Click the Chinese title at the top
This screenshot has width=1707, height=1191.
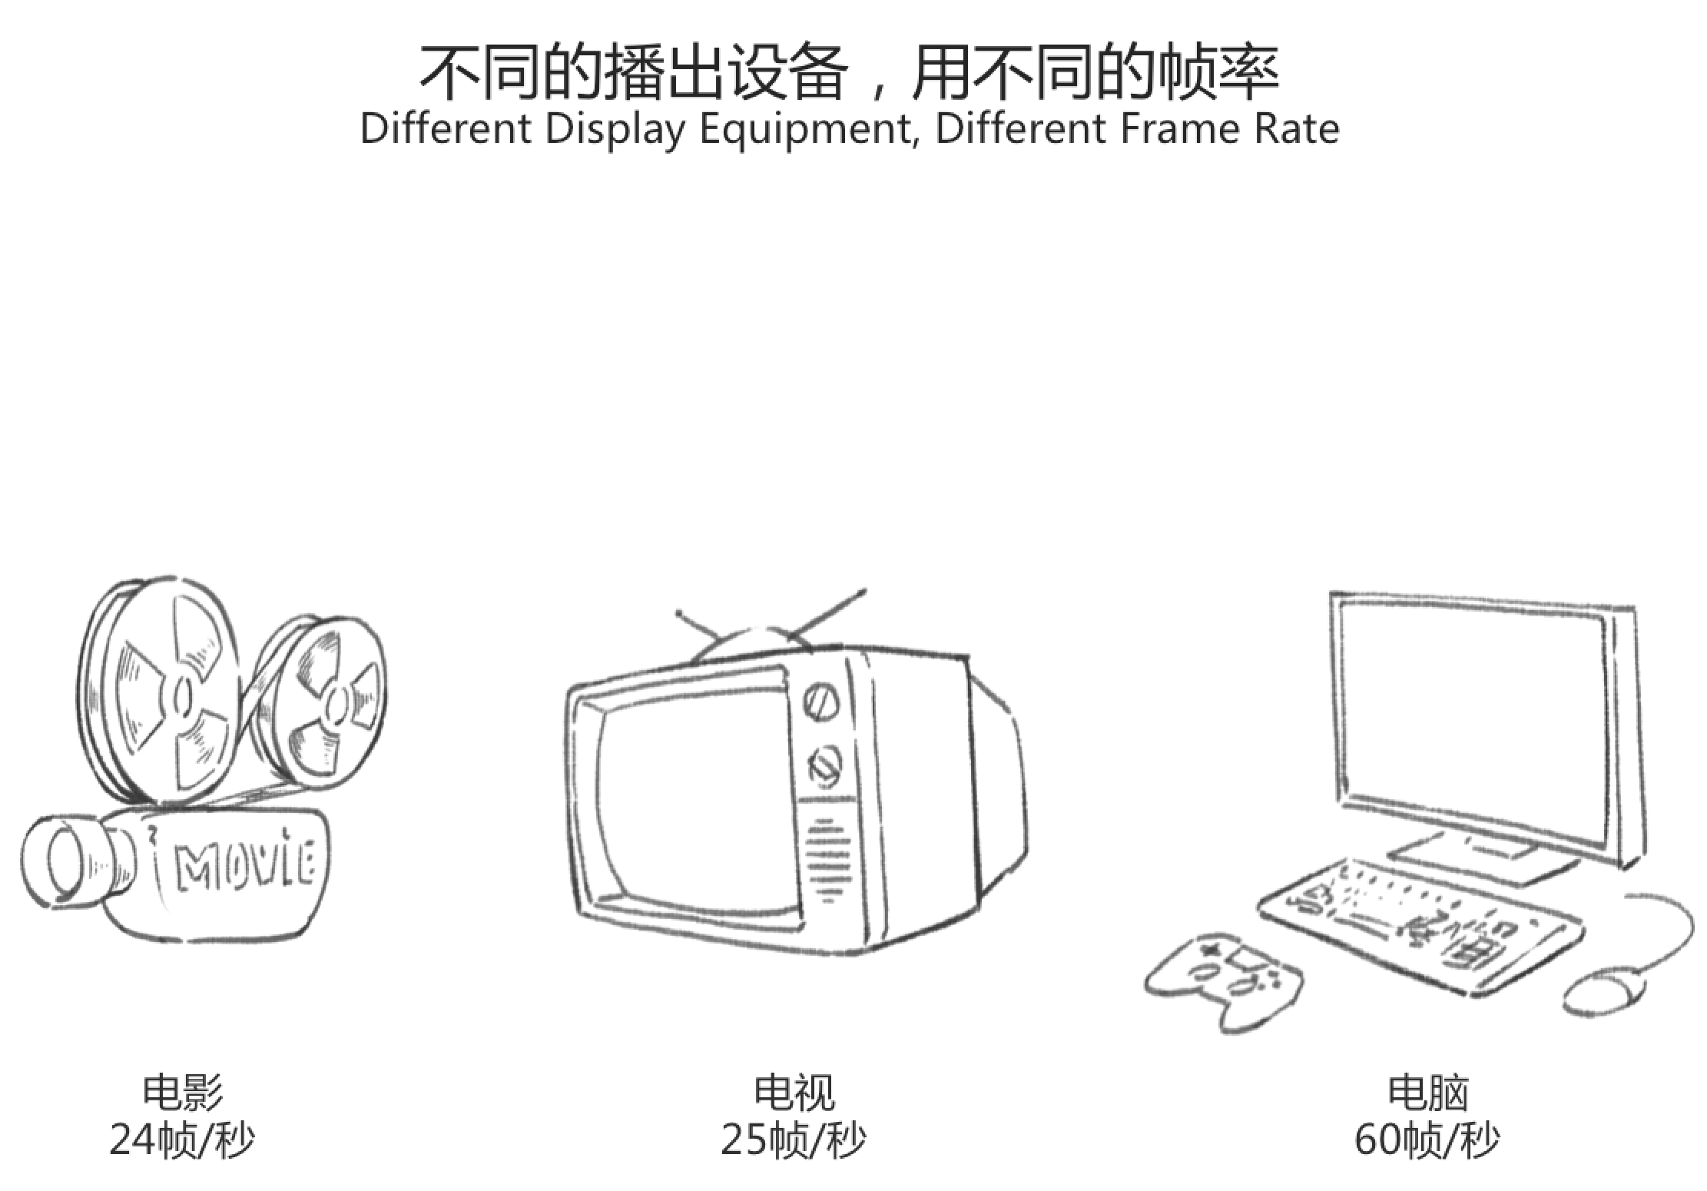point(849,72)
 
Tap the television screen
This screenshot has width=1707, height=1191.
point(691,799)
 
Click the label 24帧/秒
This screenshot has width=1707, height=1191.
point(182,1140)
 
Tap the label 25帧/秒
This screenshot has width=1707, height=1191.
point(793,1140)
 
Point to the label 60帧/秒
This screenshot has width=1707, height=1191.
point(1427,1140)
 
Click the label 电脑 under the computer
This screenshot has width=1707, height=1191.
point(1427,1093)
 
